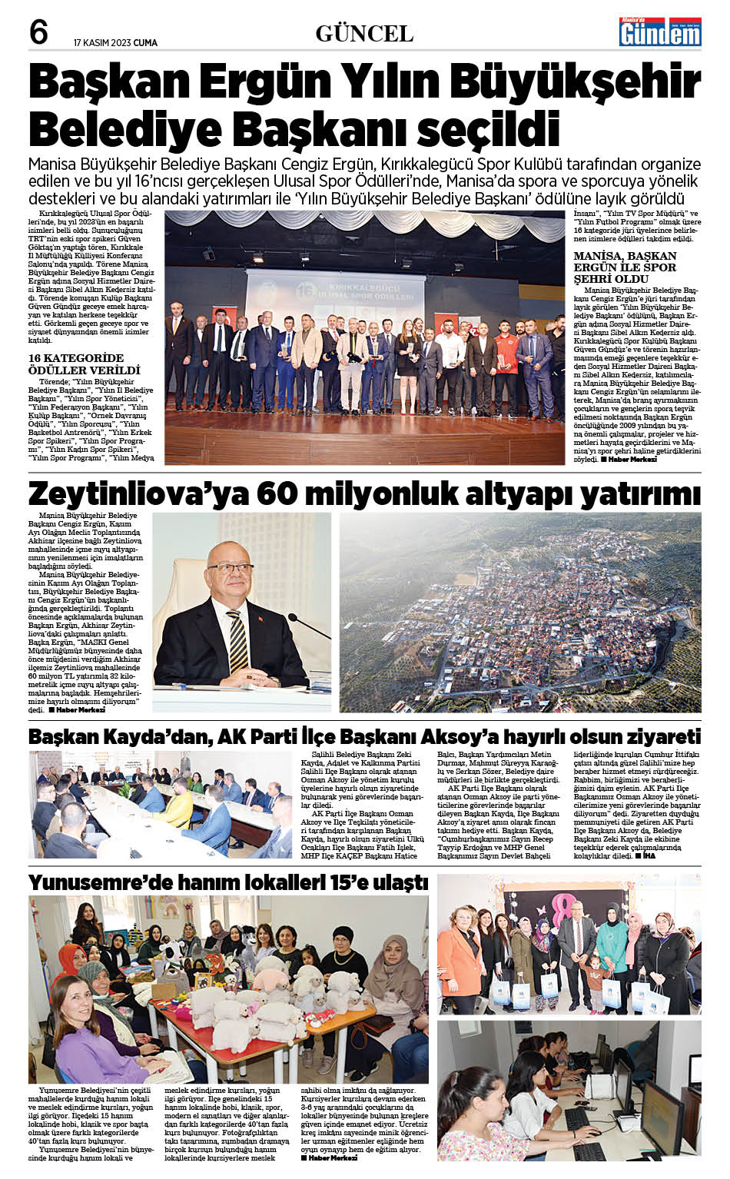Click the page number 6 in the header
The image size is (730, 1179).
coord(38,32)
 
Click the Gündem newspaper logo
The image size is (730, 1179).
coord(660,32)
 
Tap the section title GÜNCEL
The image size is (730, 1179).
coord(364,34)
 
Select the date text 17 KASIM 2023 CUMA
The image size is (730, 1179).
coord(115,43)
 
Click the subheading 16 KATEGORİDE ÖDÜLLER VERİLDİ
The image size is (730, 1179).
coord(84,364)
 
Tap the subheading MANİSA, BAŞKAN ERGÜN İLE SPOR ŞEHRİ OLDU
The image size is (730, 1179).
coord(625,267)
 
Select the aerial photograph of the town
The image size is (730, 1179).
coord(520,613)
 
